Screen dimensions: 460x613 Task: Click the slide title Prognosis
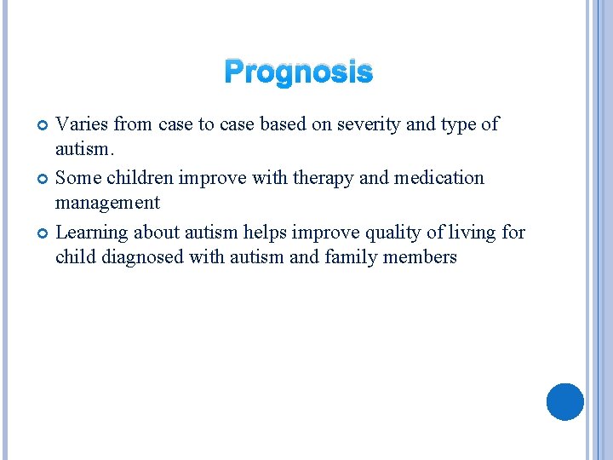click(298, 73)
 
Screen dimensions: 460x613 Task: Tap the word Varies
click(82, 124)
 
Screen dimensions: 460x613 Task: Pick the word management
click(107, 204)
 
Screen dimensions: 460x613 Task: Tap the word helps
click(267, 233)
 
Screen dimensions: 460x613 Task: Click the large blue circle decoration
click(564, 401)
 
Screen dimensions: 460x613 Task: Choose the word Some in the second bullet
click(77, 178)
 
